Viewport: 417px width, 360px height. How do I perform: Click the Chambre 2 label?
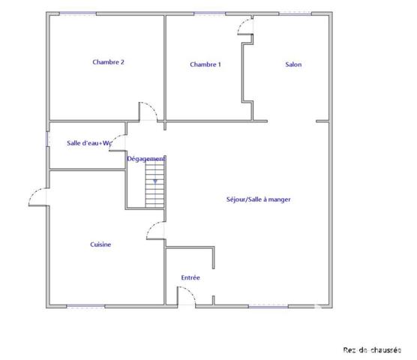[108, 62]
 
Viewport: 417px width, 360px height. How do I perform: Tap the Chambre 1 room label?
[205, 64]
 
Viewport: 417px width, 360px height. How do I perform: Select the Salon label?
[293, 64]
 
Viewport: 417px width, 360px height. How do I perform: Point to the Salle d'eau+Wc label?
[88, 142]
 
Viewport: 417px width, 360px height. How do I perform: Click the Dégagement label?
[146, 159]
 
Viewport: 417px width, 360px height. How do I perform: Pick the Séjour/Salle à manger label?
[258, 199]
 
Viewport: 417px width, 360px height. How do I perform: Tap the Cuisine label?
[100, 244]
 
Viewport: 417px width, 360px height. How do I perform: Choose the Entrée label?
[190, 278]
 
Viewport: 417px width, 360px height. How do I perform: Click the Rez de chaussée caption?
[372, 349]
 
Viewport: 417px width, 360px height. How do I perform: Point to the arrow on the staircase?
[155, 181]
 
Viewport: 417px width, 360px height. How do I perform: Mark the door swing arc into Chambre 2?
[147, 111]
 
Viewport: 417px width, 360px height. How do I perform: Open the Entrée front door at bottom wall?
[186, 298]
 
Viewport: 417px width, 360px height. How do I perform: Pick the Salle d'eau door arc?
[118, 144]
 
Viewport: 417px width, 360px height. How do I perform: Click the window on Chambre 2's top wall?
[82, 13]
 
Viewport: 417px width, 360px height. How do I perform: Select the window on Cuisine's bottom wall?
[86, 305]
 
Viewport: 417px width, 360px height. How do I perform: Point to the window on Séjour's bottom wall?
[268, 305]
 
